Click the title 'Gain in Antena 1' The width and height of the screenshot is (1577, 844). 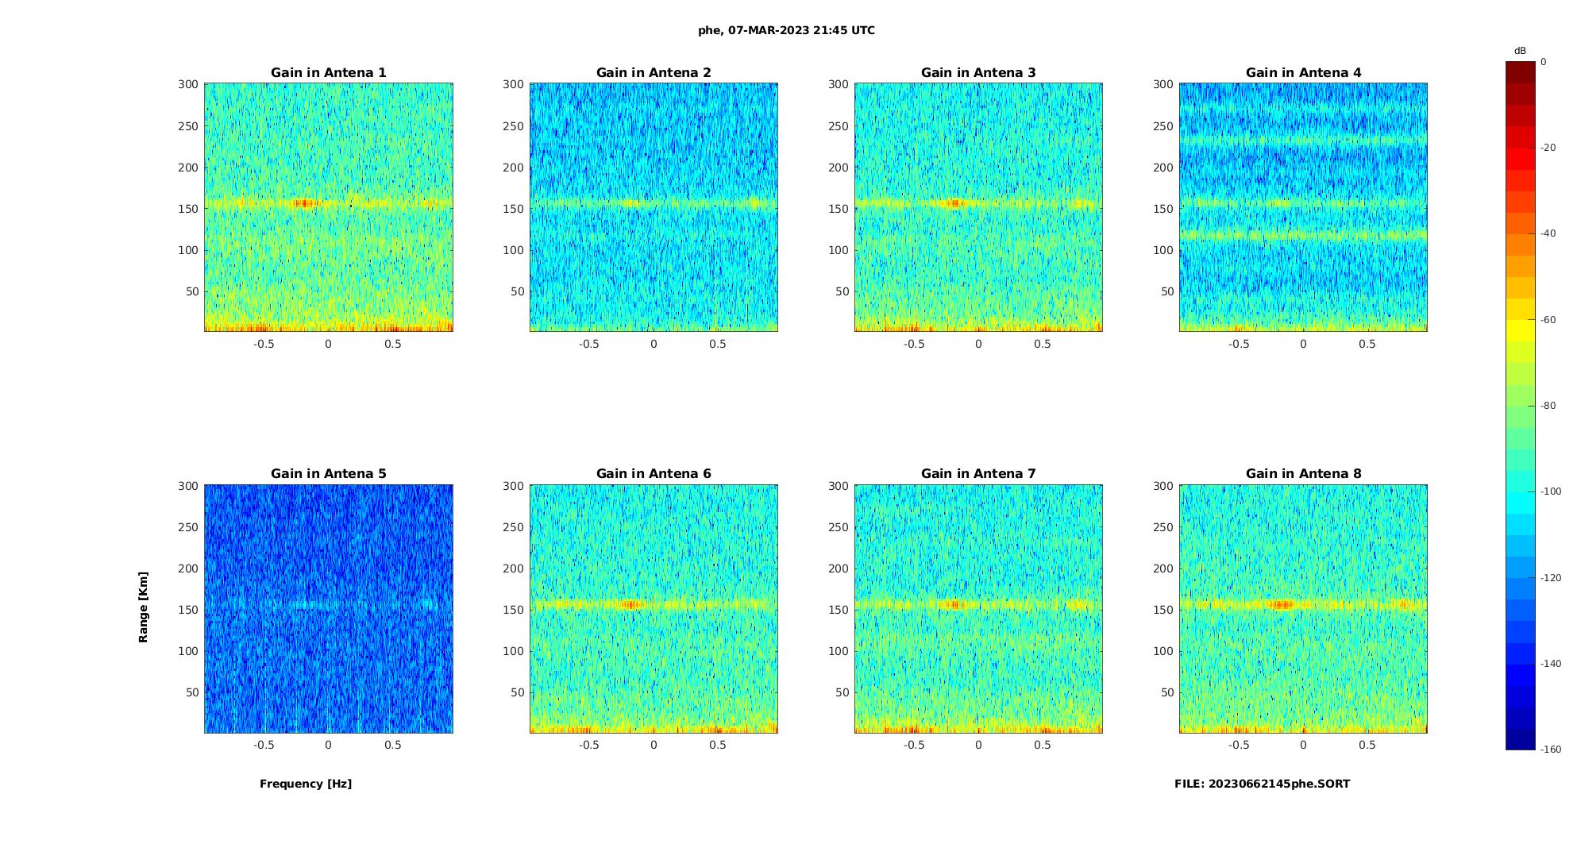(x=328, y=73)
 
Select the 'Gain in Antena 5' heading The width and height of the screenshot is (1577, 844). (x=328, y=474)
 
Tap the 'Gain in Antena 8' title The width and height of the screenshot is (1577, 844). (x=1303, y=474)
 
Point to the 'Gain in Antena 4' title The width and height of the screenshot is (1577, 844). (x=1303, y=73)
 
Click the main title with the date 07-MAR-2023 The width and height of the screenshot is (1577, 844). (x=786, y=31)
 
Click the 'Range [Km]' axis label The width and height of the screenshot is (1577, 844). (x=143, y=607)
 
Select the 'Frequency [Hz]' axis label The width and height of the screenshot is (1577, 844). (x=306, y=784)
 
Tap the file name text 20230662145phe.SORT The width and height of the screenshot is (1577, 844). (x=1262, y=784)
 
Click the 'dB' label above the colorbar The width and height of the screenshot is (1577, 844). (x=1520, y=51)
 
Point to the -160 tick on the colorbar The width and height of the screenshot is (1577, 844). (x=1551, y=750)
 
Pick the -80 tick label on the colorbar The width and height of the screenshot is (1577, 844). (x=1548, y=406)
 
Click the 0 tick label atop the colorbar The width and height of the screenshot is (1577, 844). (x=1543, y=62)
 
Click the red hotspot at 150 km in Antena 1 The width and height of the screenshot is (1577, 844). (x=304, y=203)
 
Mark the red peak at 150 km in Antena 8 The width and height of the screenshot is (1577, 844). (x=1281, y=605)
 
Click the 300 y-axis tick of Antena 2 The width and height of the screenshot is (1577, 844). (x=513, y=84)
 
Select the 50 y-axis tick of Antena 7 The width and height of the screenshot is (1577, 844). (x=842, y=692)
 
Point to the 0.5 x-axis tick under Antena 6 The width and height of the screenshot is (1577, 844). (x=718, y=745)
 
